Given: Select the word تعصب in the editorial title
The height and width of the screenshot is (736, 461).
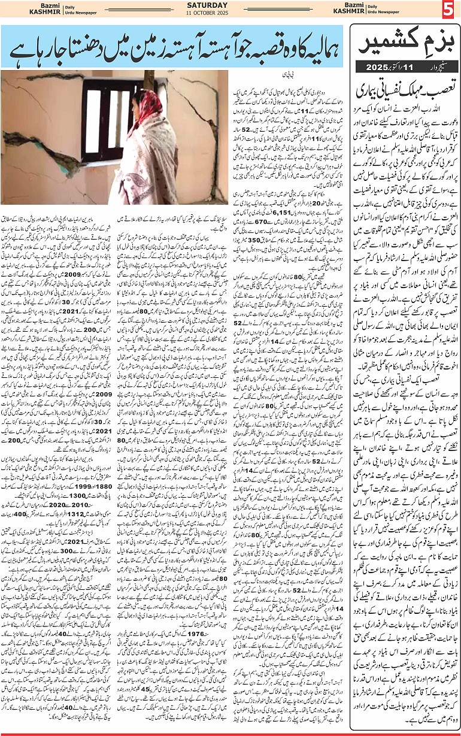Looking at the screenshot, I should pyautogui.click(x=433, y=80).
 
